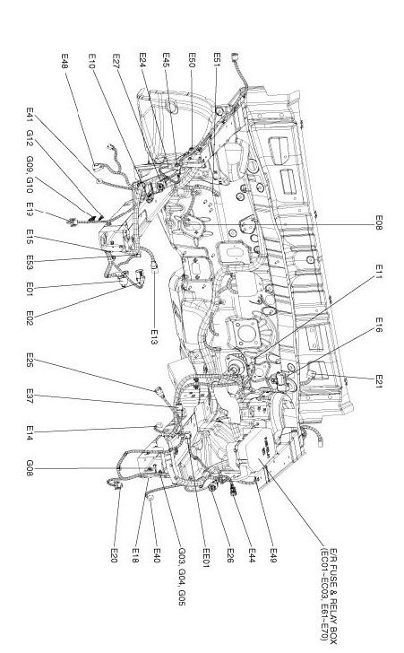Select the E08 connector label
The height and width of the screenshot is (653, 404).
[379, 222]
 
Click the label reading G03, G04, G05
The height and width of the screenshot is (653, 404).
[182, 577]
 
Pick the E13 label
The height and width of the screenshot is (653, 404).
[154, 337]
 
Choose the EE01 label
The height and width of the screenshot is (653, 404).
[206, 558]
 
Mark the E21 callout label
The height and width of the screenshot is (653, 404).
[379, 381]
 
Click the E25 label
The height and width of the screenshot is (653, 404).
[30, 360]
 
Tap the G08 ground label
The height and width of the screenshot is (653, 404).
[30, 467]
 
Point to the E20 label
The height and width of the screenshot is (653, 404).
[115, 555]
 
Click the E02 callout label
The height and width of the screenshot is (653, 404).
[30, 318]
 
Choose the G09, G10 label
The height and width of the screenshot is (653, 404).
[30, 175]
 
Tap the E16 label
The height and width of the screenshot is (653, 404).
[379, 325]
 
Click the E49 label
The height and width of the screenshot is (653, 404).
[273, 555]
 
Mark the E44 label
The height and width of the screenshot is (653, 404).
[252, 555]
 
